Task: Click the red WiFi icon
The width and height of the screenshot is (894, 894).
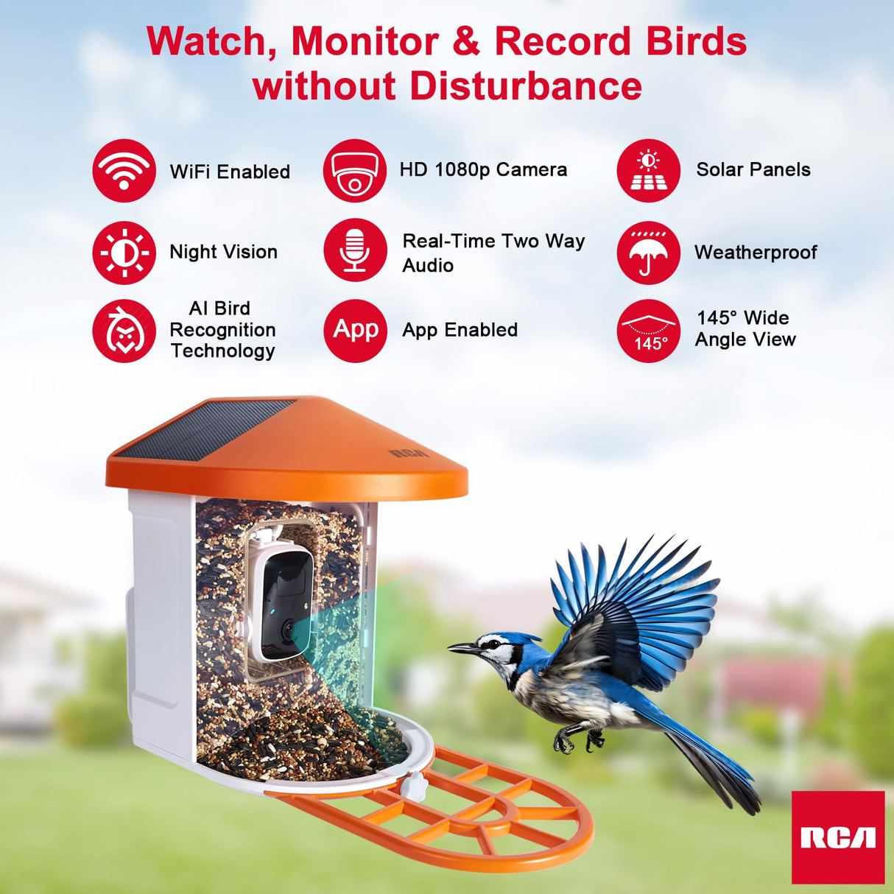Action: coord(124,171)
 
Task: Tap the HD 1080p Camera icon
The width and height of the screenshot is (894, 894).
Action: coord(354,171)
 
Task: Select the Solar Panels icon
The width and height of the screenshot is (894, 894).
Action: coord(648,171)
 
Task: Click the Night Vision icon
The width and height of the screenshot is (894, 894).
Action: coord(124,253)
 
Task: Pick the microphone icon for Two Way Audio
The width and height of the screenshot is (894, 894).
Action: coord(354,250)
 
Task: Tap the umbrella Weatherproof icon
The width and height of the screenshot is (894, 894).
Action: coord(648,253)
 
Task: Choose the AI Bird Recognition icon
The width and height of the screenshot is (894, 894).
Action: coord(124,331)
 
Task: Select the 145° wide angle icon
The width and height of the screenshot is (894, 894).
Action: coord(648,331)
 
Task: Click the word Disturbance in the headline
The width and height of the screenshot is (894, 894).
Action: coord(525,86)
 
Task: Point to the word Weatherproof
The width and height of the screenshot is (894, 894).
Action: coord(756,253)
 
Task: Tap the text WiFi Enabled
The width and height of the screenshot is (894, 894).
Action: coord(230,172)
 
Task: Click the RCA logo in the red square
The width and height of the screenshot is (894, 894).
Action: coord(838,837)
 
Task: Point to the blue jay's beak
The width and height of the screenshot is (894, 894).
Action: coord(462,648)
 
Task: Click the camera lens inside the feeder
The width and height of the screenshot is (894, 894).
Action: coord(288,629)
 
